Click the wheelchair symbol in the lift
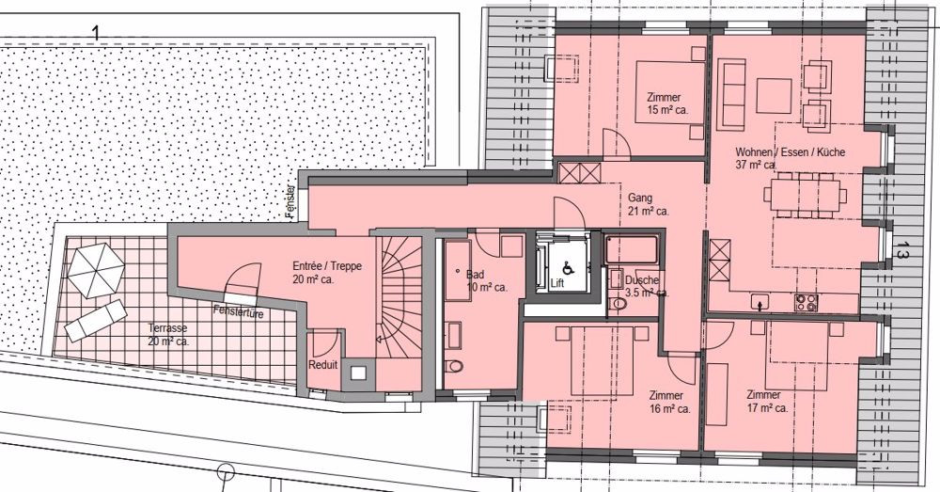pos(567,269)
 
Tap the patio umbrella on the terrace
pos(97,270)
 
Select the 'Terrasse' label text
pos(168,328)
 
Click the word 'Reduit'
pos(323,365)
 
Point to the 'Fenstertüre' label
pos(238,312)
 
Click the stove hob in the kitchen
pos(806,302)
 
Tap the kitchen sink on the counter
pos(760,302)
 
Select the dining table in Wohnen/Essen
pos(806,195)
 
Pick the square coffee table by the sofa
pos(774,95)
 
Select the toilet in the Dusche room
pos(617,304)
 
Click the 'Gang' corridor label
pos(639,198)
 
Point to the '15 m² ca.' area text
pos(667,110)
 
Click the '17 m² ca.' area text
pos(767,408)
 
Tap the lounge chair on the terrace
pos(96,320)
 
